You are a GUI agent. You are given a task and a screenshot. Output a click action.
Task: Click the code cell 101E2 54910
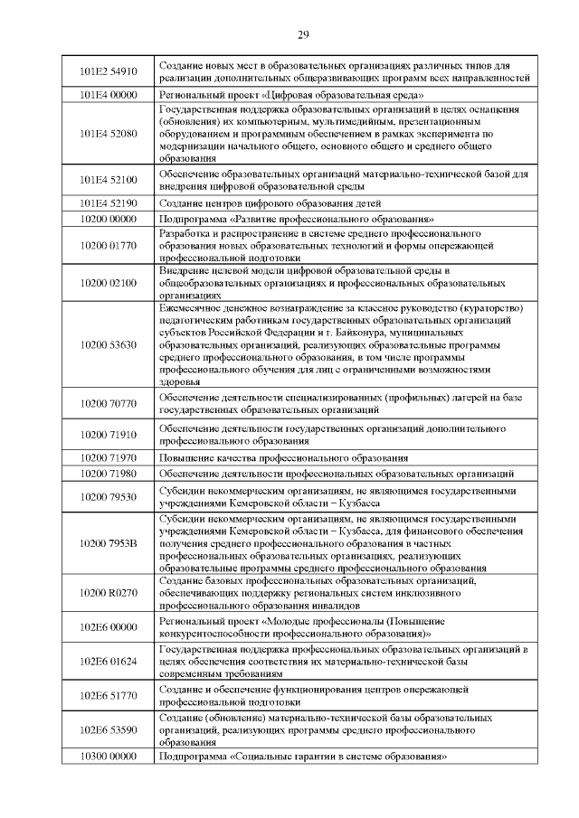tap(108, 71)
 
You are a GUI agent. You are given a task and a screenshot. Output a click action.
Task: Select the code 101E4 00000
tap(108, 93)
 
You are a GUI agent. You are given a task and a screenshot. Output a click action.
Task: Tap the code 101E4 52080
tap(108, 133)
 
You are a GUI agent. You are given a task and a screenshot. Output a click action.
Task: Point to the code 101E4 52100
tap(108, 179)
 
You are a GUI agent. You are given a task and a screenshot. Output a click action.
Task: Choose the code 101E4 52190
tap(108, 202)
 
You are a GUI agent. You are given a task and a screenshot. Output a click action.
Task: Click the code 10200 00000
tap(108, 219)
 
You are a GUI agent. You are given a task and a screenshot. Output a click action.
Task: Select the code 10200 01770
tap(108, 245)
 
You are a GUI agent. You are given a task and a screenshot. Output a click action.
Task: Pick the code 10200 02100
tap(108, 283)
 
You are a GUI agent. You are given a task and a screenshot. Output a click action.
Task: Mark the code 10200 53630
tap(108, 345)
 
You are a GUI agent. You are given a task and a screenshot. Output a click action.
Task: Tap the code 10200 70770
tap(108, 403)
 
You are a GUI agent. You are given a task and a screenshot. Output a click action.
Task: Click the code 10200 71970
tap(108, 457)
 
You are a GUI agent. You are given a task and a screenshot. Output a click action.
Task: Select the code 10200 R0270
tap(108, 592)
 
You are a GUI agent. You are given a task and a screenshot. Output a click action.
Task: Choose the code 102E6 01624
tap(108, 662)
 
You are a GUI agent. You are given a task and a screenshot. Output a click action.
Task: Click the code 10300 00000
tap(108, 756)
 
